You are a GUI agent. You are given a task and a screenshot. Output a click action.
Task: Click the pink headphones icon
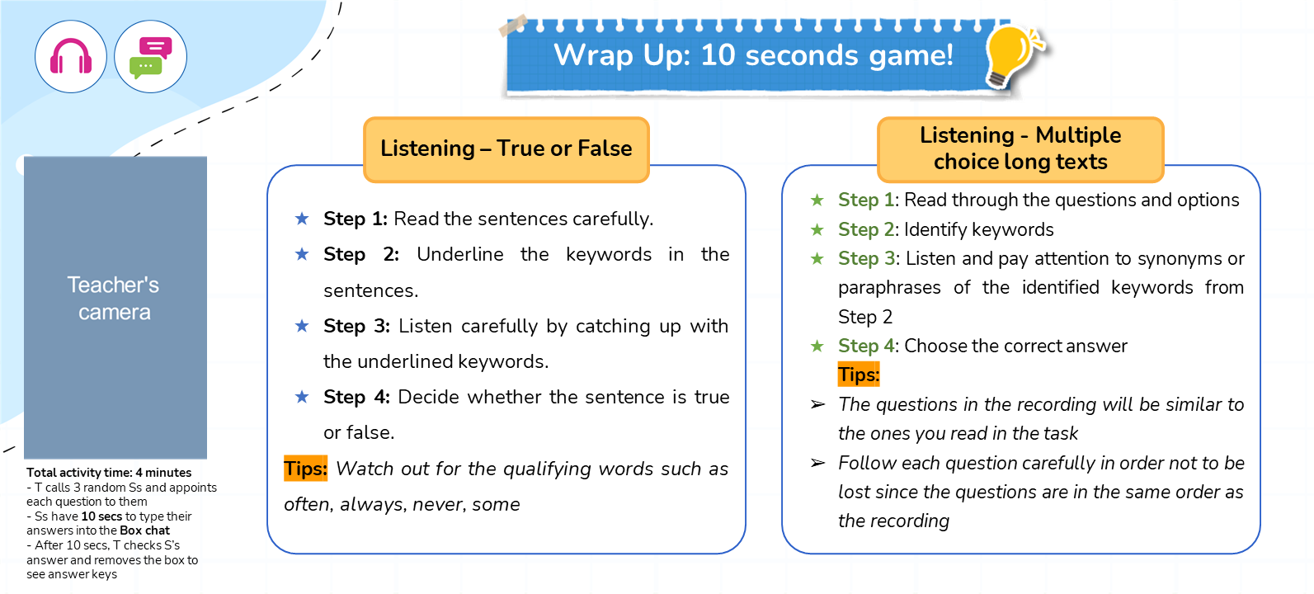pos(71,56)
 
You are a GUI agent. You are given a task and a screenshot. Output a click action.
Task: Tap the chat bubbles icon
pos(151,58)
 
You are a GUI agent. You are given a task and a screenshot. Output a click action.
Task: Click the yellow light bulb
pos(1012,56)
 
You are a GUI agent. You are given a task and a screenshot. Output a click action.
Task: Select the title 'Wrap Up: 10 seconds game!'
pos(754,55)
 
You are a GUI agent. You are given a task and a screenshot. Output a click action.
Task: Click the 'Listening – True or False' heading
pos(506,148)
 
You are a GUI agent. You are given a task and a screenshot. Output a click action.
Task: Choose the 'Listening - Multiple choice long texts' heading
pos(1020,148)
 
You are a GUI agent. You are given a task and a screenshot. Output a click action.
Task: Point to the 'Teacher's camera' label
pos(114,298)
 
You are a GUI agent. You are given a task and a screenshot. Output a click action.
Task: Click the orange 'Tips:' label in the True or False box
pos(306,469)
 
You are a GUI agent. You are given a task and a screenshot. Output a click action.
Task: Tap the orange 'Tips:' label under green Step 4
pos(859,375)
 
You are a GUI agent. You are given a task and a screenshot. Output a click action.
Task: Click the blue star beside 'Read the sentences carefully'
pos(302,219)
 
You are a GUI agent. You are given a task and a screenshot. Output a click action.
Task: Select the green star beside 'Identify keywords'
pos(817,229)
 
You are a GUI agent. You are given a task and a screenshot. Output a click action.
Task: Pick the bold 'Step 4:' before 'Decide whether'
pos(356,398)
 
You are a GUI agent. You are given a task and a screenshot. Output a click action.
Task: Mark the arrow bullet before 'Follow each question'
pos(817,463)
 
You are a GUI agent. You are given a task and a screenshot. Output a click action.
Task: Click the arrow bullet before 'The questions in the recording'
pos(817,404)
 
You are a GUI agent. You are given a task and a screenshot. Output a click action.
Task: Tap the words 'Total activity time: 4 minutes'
pos(109,473)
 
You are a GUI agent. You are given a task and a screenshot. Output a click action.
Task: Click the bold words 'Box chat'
pos(145,530)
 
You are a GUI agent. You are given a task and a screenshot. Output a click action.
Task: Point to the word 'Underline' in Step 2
pos(460,254)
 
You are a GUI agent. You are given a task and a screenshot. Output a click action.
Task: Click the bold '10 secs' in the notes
pos(101,516)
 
